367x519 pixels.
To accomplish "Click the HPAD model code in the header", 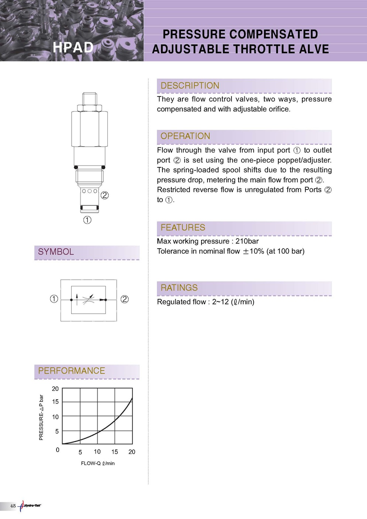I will coord(73,48).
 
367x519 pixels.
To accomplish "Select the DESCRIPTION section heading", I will coord(190,86).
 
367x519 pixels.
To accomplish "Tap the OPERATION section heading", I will coord(185,136).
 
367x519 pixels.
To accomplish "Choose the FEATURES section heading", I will coord(183,228).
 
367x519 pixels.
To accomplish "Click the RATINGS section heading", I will coord(179,288).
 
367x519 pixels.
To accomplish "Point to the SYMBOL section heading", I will coord(56,252).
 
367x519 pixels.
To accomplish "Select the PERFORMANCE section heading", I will coord(72,371).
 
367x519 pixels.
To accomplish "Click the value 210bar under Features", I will coord(247,241).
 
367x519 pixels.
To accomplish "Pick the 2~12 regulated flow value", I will coord(220,302).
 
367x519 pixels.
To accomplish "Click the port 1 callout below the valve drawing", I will coord(87,220).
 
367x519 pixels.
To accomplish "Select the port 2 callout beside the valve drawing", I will coord(104,195).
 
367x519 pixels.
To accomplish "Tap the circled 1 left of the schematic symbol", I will coord(54,299).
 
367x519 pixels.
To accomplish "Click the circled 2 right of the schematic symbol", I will coord(125,299).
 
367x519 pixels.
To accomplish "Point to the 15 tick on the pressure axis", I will coord(55,402).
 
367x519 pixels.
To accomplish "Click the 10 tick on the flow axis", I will coord(97,451).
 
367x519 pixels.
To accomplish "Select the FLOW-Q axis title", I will coord(97,463).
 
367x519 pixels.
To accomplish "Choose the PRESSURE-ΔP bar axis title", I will coord(41,417).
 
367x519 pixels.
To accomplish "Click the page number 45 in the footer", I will coord(13,506).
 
